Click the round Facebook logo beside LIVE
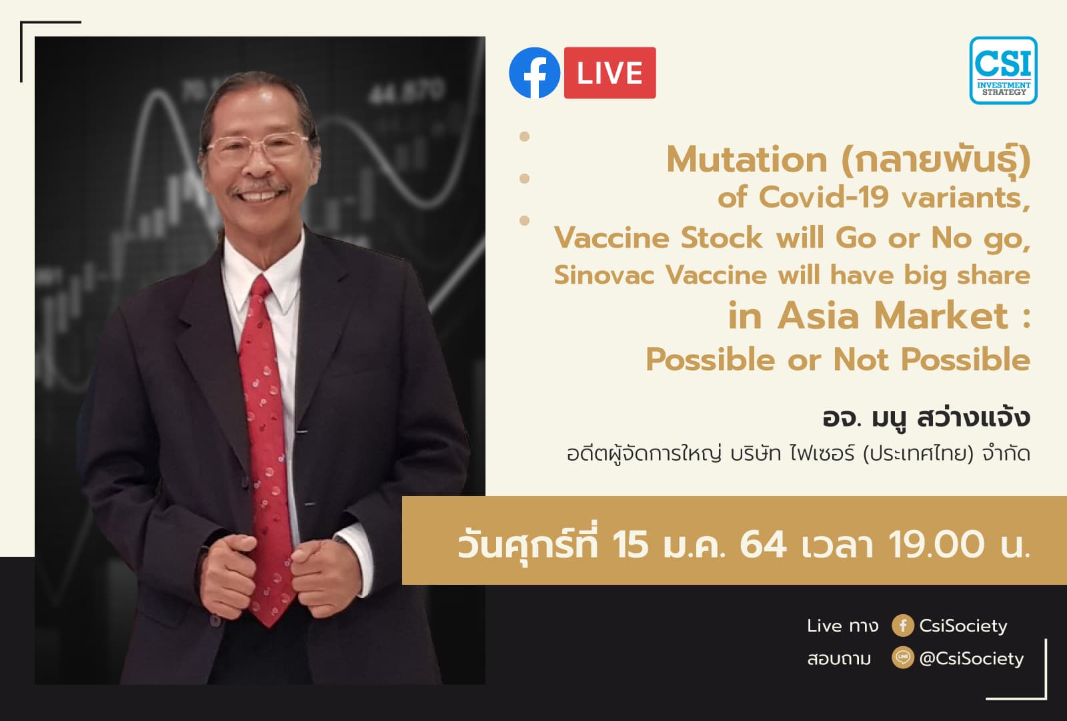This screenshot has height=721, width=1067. [x=534, y=73]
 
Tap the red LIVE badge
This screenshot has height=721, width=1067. [x=610, y=73]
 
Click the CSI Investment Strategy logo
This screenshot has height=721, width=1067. [x=1003, y=70]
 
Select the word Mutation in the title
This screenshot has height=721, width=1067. [x=746, y=160]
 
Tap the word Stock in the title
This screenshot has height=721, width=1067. [x=722, y=238]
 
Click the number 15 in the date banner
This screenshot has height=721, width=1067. [x=630, y=543]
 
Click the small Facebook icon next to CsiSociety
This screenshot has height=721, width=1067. [x=902, y=626]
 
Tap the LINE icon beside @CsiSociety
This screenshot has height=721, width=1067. [x=902, y=658]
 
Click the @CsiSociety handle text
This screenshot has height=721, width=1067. [x=971, y=658]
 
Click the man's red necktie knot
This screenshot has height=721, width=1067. [x=261, y=288]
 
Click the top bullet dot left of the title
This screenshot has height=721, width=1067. [x=524, y=136]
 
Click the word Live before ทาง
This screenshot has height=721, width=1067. [x=824, y=626]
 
